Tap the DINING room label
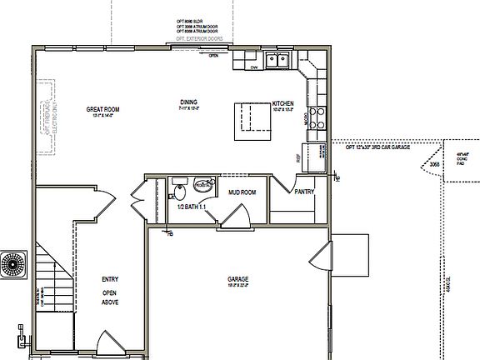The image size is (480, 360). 188,102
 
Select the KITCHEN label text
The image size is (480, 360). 284,103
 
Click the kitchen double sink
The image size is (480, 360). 277,59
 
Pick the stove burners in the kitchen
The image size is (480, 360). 317,116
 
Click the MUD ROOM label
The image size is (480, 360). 242,192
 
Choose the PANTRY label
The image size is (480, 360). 304,192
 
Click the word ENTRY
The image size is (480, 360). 110,279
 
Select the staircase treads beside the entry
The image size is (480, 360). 49,275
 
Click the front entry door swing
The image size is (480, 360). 108,343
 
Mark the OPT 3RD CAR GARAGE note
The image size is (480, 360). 377,147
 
